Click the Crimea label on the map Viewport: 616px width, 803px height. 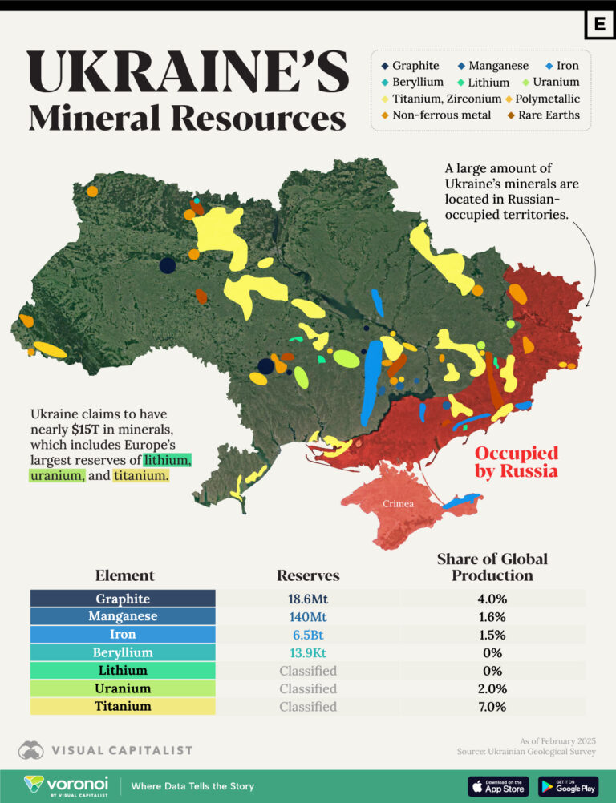tap(398, 504)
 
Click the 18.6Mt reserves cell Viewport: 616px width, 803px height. tap(307, 599)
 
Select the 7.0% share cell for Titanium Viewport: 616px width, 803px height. tap(492, 706)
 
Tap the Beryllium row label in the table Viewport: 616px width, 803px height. tap(123, 652)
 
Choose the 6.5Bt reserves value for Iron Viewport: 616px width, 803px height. tap(307, 635)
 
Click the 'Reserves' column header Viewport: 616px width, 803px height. tap(307, 575)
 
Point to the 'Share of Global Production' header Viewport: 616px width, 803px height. tap(492, 567)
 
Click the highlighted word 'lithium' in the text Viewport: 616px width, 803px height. tap(167, 460)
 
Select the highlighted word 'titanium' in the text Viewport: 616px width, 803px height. tap(141, 476)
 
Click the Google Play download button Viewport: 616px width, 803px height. tap(568, 785)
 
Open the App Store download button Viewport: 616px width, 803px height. tap(498, 785)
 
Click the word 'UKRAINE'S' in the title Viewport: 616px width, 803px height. tap(188, 73)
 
